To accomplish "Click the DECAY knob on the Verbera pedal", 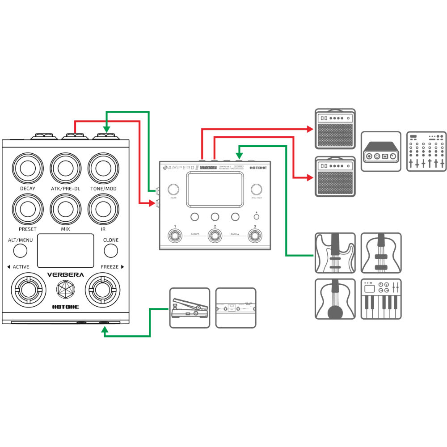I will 28,169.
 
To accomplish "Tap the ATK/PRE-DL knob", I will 66,169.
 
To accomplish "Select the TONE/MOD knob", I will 103,169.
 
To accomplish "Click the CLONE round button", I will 110,251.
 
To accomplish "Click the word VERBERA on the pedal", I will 66,275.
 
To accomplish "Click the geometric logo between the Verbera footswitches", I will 65,291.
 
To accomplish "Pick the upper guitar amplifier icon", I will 335,128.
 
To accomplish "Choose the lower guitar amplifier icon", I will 335,176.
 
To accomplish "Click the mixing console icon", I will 426,151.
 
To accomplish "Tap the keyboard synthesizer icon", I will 381,299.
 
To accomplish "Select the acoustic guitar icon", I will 335,299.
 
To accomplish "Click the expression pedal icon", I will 190,308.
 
